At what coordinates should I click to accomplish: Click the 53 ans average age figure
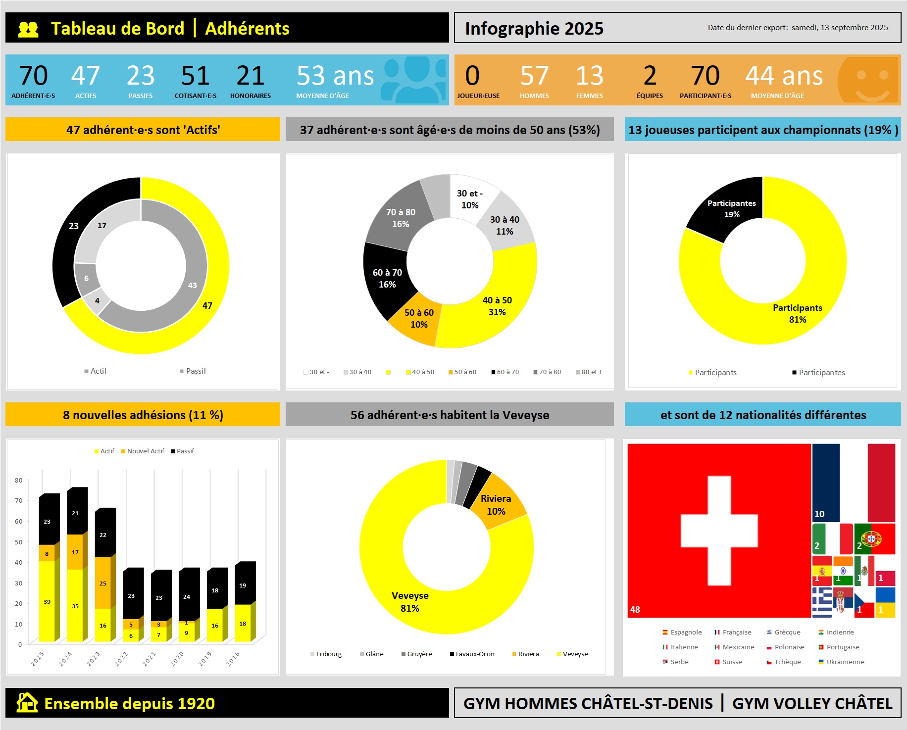click(335, 76)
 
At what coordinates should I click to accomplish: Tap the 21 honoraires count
click(250, 76)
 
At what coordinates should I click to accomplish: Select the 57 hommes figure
click(534, 76)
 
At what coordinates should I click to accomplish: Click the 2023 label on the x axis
click(93, 659)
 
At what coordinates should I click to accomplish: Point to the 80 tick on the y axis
click(19, 480)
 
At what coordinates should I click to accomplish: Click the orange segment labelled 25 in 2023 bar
click(102, 583)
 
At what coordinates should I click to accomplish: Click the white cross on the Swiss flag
click(719, 531)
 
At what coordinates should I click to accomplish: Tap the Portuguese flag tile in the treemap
click(875, 538)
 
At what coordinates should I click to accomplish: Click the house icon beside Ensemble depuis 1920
click(27, 703)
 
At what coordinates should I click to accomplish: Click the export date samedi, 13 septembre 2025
click(839, 28)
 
